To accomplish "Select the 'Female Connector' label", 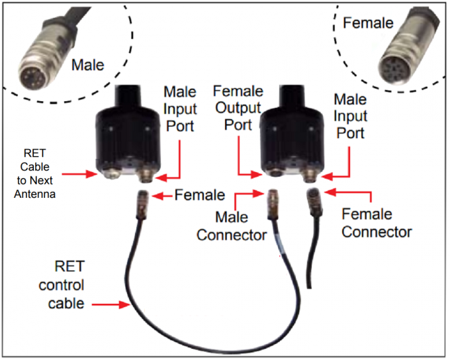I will pos(377,223).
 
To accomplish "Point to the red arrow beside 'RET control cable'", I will pos(113,305).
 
